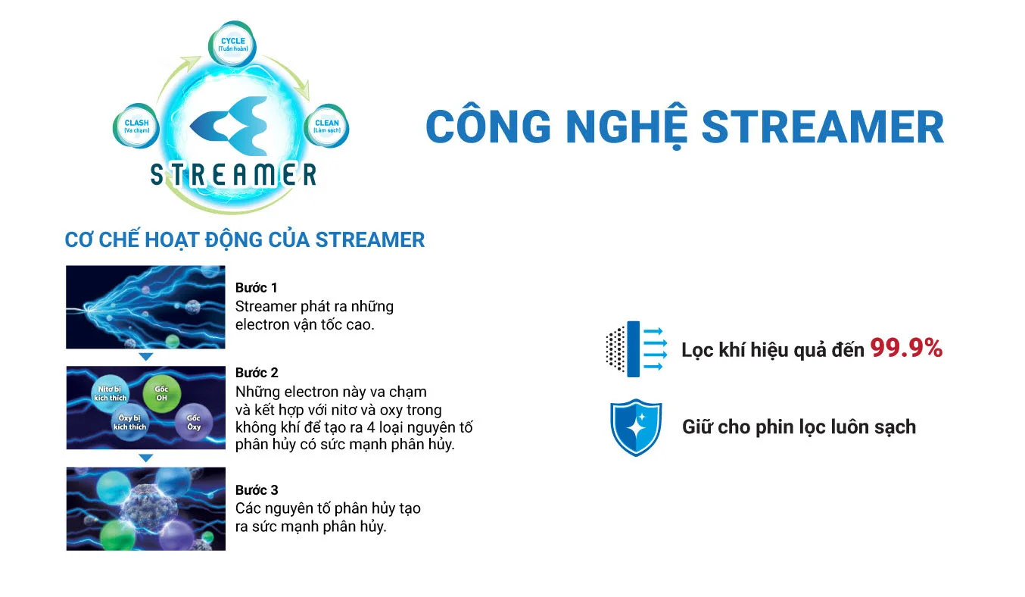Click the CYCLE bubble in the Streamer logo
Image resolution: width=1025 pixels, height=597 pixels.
pos(233,43)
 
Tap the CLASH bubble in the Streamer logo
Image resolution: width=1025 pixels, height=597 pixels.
pos(136,126)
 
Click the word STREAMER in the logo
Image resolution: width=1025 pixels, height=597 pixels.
pos(233,175)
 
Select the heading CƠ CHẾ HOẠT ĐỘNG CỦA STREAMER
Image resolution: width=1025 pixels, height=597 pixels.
pos(245,240)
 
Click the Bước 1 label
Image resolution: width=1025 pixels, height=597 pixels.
pos(257,287)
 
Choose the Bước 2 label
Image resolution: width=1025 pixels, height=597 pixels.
pos(257,372)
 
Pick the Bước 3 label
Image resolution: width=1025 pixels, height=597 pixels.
pos(257,489)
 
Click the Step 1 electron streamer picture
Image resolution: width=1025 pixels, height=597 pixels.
pos(145,307)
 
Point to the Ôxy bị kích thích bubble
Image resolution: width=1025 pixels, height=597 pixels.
pos(130,422)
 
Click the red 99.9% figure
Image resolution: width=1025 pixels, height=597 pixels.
pos(905,348)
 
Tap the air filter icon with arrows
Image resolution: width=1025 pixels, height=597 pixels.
pos(636,348)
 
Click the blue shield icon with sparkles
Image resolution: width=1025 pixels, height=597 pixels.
pos(636,427)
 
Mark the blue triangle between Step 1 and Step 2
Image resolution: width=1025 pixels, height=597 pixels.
pos(145,357)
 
